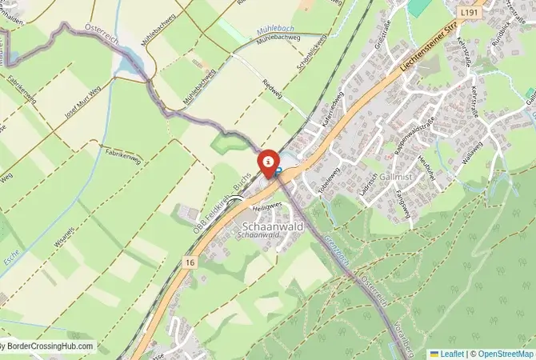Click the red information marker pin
pos(267,162)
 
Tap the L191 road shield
pos(470,12)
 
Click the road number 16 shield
pos(189,262)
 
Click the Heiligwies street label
pos(267,206)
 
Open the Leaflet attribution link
pos(451,353)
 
